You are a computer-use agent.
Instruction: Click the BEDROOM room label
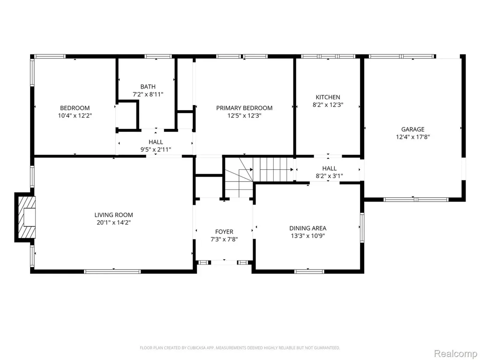(x=75, y=108)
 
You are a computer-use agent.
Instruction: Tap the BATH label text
(x=148, y=87)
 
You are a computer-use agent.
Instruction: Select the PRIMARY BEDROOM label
(x=244, y=108)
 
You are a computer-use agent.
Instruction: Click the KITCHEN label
(x=328, y=97)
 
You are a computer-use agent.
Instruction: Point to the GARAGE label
(x=413, y=129)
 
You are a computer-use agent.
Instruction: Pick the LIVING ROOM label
(x=113, y=215)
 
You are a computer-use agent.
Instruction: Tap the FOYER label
(x=224, y=232)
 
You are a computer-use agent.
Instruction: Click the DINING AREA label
(x=307, y=228)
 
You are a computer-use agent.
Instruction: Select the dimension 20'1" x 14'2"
(x=113, y=223)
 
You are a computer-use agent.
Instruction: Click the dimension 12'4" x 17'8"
(x=413, y=137)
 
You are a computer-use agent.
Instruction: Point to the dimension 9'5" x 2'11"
(x=156, y=150)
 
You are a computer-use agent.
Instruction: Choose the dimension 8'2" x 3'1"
(x=330, y=176)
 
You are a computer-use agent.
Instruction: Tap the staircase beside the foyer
(x=259, y=177)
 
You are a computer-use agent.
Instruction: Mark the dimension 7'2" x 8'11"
(x=148, y=94)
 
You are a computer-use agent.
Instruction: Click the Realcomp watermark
(x=456, y=353)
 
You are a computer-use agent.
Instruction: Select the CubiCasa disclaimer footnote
(x=240, y=348)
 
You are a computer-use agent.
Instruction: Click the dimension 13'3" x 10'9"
(x=307, y=236)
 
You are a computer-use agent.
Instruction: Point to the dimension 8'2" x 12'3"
(x=328, y=105)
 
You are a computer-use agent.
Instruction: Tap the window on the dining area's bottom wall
(x=309, y=271)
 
